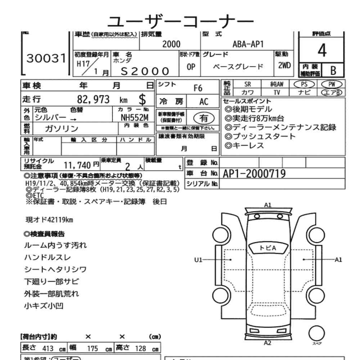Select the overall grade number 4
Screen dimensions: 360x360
pyautogui.click(x=322, y=51)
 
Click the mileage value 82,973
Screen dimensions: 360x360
pyautogui.click(x=93, y=99)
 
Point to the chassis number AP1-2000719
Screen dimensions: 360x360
pyautogui.click(x=254, y=174)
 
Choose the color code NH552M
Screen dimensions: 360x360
pyautogui.click(x=134, y=117)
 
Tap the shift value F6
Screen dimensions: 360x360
pyautogui.click(x=198, y=88)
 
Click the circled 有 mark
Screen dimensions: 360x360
pyautogui.click(x=204, y=117)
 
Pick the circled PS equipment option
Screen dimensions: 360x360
pyautogui.click(x=304, y=84)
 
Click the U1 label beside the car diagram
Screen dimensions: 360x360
pyautogui.click(x=199, y=259)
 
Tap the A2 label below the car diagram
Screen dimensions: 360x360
pyautogui.click(x=267, y=342)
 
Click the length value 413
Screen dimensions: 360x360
pyautogui.click(x=48, y=348)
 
